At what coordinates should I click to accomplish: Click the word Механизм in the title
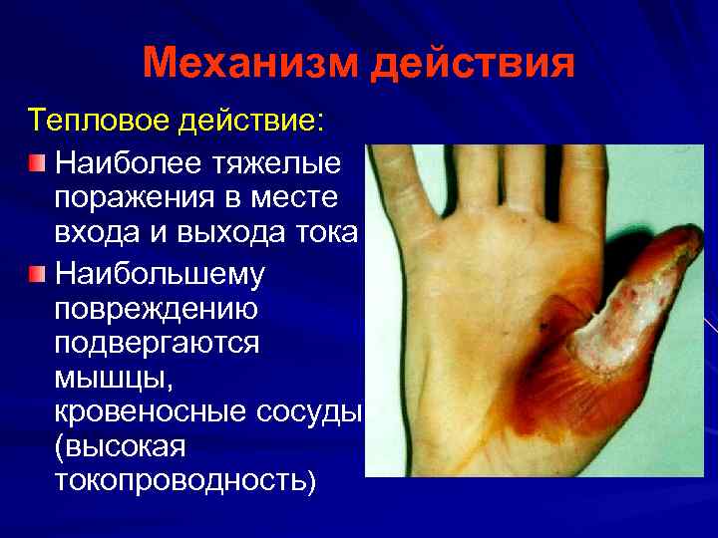point(249,66)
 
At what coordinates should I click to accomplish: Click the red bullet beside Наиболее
point(37,161)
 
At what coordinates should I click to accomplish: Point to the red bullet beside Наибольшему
point(37,272)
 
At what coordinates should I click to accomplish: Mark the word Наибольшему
point(160,272)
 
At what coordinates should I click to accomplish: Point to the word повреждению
point(157,309)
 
